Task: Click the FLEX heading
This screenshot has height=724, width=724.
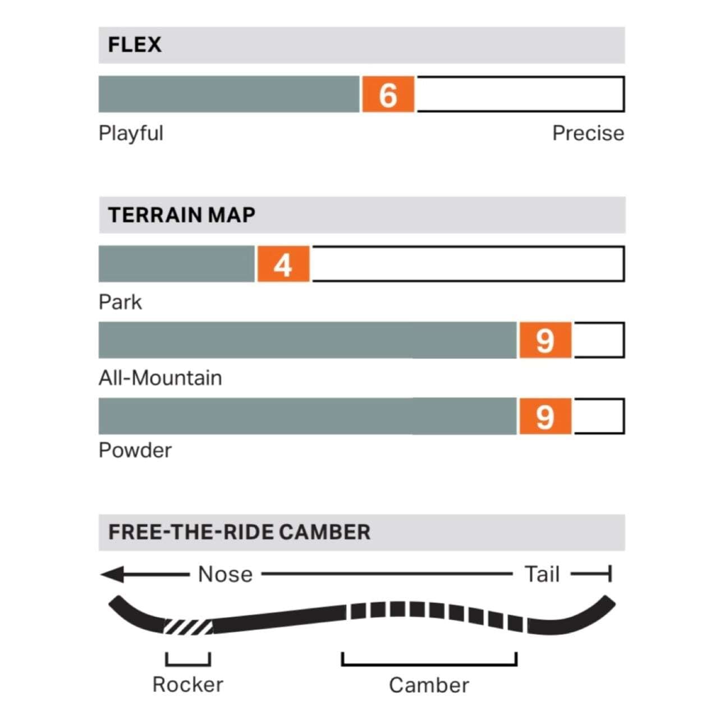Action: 135,45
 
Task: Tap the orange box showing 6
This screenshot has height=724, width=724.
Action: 388,94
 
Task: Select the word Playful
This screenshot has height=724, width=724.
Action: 131,134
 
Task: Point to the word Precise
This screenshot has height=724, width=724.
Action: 588,133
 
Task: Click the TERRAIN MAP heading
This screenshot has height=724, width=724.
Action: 181,215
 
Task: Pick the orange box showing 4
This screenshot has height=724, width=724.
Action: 283,264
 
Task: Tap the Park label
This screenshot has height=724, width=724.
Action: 120,302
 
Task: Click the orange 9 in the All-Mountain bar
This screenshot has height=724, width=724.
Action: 545,341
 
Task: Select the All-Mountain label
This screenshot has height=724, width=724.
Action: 160,378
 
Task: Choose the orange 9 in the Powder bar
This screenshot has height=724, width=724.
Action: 545,416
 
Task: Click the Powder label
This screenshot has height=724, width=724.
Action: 135,451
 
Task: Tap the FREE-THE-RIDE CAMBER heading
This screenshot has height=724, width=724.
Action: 239,532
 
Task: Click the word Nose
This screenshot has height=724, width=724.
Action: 225,575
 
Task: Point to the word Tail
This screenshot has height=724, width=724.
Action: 542,574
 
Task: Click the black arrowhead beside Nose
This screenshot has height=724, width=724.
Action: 112,574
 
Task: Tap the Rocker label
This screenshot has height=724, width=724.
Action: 187,685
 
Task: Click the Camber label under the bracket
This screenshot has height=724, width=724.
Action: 429,685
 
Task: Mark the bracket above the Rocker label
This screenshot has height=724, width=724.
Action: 188,665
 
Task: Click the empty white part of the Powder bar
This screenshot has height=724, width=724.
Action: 598,416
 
